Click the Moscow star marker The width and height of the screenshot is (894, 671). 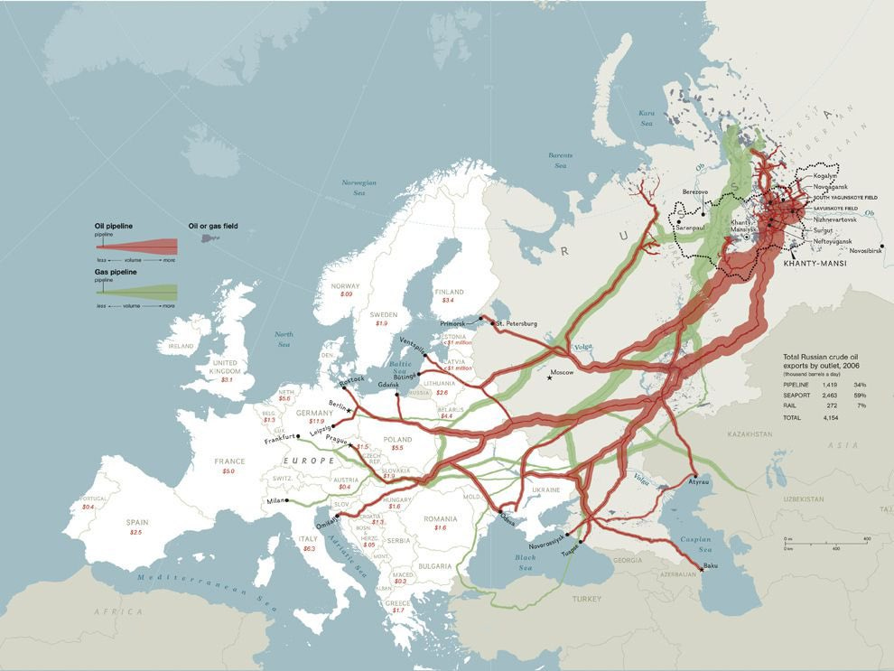[x=549, y=377]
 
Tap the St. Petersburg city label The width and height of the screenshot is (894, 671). [x=516, y=323]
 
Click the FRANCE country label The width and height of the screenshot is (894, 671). [x=229, y=461]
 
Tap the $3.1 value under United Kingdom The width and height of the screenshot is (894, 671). [x=226, y=380]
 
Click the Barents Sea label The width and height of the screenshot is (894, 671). [x=560, y=161]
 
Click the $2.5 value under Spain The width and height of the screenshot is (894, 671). [x=135, y=533]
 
